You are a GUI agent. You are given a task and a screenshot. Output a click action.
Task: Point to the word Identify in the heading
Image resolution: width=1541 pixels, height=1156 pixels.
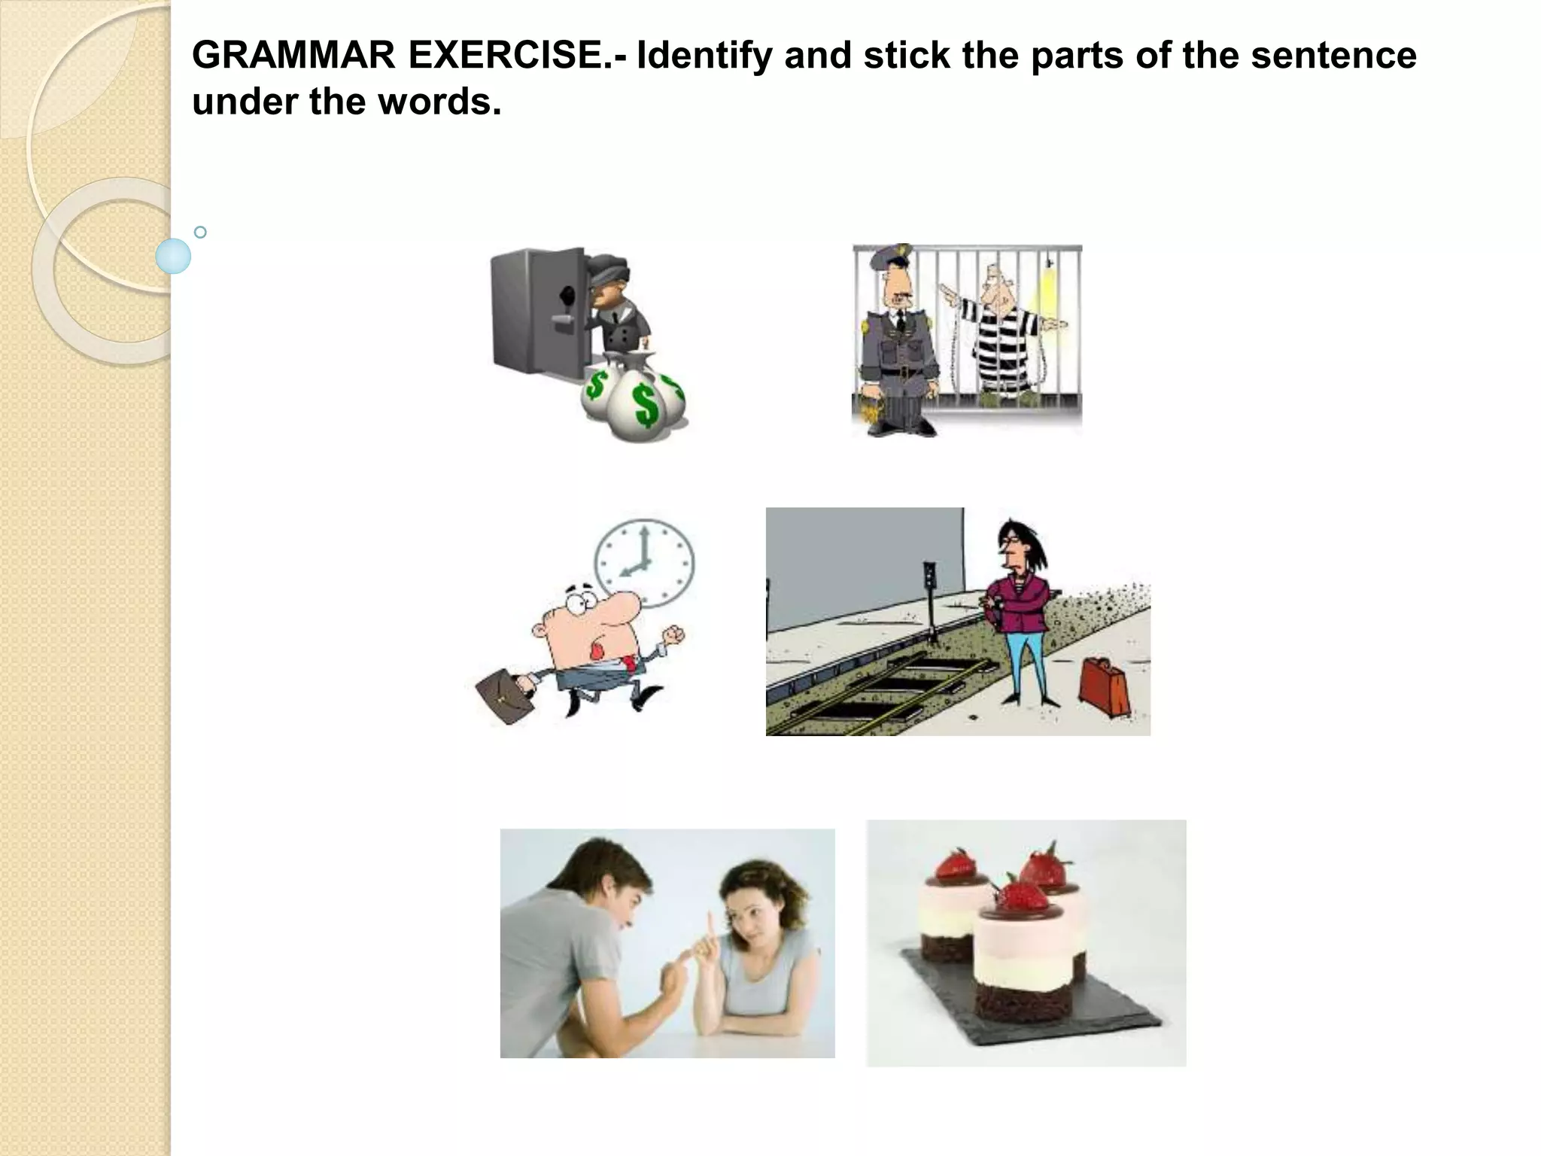(x=704, y=55)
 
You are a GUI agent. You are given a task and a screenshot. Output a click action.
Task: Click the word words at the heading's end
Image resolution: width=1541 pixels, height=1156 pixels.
(x=439, y=102)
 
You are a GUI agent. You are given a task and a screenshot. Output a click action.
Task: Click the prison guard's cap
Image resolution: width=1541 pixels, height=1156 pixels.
(x=888, y=259)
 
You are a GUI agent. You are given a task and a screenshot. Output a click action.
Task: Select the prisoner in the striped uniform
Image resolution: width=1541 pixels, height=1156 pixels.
(x=1005, y=331)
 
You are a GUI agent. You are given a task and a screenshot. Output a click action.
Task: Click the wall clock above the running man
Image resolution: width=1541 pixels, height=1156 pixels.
(x=644, y=563)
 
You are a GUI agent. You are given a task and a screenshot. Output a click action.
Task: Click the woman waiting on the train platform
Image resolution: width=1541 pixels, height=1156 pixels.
(x=1019, y=610)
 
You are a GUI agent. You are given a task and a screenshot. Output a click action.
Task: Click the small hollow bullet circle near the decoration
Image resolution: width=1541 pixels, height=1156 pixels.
(x=200, y=233)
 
